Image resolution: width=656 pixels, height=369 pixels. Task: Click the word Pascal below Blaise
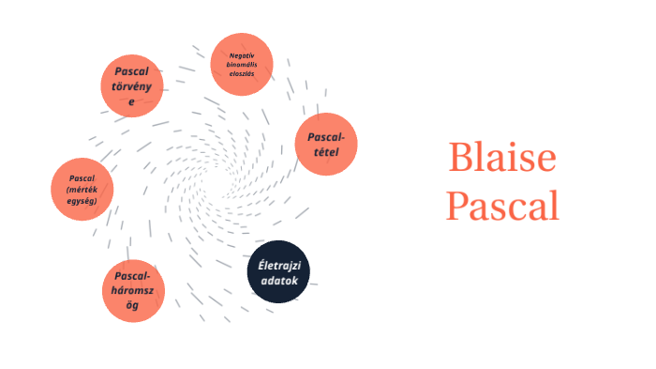(501, 206)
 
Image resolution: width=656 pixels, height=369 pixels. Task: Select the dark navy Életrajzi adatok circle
(278, 271)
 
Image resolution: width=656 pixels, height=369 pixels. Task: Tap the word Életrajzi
(278, 265)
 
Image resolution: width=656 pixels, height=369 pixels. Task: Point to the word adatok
(278, 280)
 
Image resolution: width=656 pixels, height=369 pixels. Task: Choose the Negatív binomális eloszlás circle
(242, 64)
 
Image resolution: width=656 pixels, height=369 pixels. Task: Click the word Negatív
(242, 54)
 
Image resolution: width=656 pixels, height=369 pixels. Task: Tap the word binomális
(242, 64)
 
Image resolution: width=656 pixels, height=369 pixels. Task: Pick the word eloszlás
(242, 72)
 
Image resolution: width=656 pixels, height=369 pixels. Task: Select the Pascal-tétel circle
(327, 144)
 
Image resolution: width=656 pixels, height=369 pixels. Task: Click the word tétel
(327, 151)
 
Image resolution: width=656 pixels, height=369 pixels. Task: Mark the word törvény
(132, 86)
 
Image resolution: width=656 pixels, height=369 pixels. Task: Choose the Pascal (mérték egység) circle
(82, 190)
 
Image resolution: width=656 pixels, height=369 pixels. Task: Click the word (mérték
(82, 190)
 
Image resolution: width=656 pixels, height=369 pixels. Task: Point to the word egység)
(82, 200)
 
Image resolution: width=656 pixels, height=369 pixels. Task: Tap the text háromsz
(133, 291)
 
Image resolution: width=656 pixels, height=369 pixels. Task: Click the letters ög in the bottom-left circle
(133, 306)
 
